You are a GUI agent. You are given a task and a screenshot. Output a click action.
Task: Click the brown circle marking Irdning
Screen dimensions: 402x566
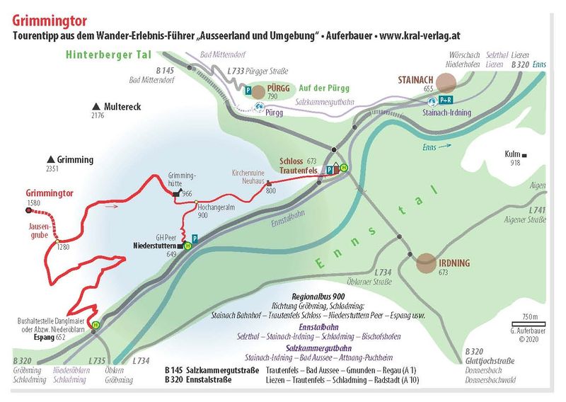coord(426,263)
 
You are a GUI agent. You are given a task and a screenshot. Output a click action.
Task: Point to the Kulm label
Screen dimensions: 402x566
coord(512,154)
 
